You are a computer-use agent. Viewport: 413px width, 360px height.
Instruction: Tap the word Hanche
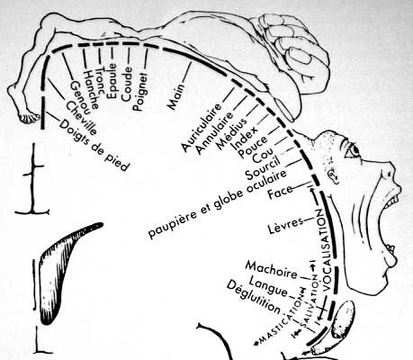(91, 90)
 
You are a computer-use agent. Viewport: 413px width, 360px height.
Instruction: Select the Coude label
(127, 85)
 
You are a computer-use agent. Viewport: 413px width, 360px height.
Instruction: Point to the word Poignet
(140, 92)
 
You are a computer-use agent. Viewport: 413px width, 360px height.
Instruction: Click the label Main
(176, 96)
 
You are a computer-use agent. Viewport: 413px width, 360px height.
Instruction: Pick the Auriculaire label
(202, 127)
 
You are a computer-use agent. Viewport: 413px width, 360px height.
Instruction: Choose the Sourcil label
(263, 167)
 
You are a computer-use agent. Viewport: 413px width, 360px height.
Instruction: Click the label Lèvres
(285, 225)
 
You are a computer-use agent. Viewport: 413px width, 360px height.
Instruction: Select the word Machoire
(272, 269)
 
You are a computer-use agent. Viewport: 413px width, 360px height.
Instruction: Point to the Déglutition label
(254, 297)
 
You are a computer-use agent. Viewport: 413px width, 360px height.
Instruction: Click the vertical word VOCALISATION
(323, 249)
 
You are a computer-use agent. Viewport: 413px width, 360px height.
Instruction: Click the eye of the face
(353, 149)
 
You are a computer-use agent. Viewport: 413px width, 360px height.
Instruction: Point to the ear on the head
(332, 176)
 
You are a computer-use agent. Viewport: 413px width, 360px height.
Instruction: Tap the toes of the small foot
(30, 118)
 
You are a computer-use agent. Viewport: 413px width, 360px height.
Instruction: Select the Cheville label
(81, 118)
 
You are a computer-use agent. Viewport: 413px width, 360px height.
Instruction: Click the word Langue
(268, 287)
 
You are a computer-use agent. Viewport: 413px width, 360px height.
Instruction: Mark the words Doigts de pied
(94, 145)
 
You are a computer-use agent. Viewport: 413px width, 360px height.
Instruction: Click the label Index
(244, 138)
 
